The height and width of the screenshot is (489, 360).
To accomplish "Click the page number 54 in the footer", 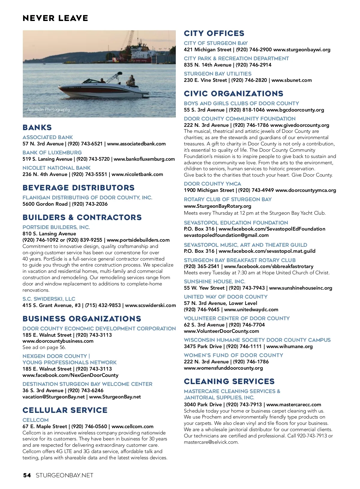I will click(27, 475).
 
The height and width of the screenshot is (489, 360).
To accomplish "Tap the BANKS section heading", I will click(37, 127).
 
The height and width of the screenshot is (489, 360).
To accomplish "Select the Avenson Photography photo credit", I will click(49, 109).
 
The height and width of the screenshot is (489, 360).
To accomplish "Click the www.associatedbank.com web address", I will click(136, 144).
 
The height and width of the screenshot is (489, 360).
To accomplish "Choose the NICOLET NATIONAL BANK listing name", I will click(56, 168).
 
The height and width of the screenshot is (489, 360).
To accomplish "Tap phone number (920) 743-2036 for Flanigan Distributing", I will click(90, 204).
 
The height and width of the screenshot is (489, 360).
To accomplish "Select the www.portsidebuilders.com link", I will click(138, 240).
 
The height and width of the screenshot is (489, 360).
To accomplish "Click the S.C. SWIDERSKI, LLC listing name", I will click(49, 299).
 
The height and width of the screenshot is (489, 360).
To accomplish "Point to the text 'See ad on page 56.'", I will click(44, 347).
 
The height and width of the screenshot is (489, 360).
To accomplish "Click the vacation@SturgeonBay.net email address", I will click(54, 397).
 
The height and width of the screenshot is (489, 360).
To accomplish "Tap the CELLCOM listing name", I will click(35, 420).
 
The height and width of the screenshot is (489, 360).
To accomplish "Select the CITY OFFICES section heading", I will click(214, 33).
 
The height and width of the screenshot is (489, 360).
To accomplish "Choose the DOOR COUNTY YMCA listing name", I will click(212, 184).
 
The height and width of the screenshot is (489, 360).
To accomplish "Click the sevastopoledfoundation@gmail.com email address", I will click(226, 235).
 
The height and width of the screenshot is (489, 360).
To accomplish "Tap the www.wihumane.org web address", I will click(289, 346).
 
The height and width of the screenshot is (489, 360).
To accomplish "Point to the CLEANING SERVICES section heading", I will click(229, 381).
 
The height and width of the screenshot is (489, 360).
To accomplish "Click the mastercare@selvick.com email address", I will click(211, 442).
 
